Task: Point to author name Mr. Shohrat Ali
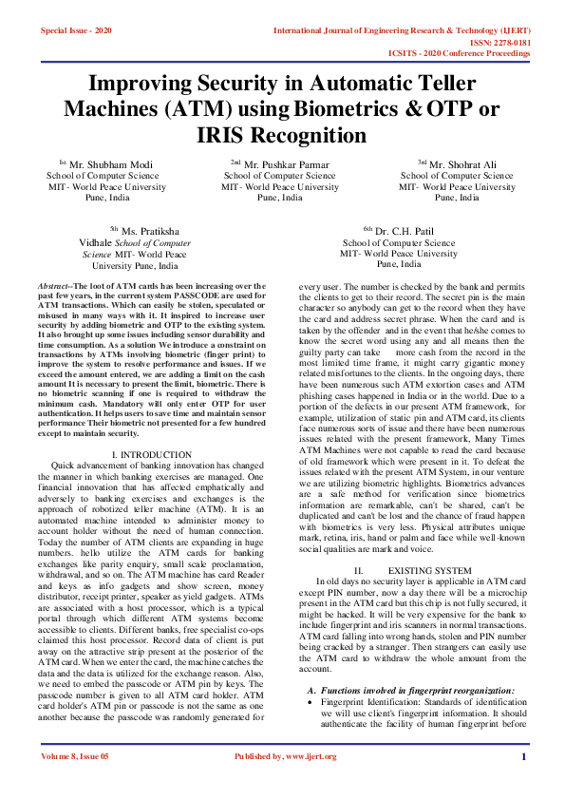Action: [463, 164]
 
